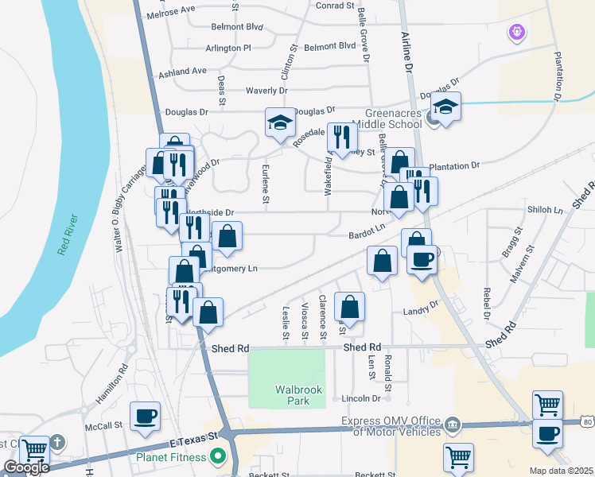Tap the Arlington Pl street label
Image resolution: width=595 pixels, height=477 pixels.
(x=228, y=48)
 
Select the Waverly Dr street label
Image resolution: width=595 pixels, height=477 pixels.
(x=266, y=91)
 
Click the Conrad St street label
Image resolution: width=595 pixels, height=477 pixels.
(x=334, y=6)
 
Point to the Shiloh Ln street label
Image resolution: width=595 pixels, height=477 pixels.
(x=546, y=211)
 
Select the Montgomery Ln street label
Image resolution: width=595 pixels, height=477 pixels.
(x=235, y=269)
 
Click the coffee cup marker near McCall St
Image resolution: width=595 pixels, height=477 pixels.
(x=145, y=416)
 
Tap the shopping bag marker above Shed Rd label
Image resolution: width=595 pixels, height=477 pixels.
(x=349, y=307)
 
